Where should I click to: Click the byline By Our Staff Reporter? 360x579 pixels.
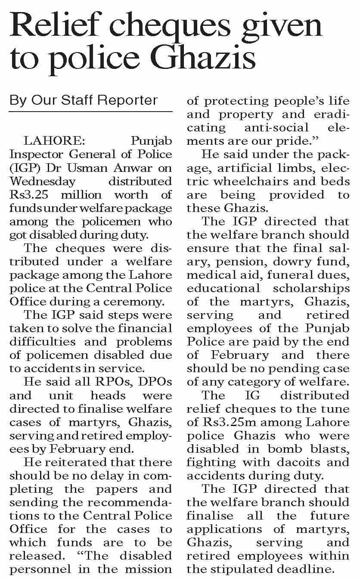84,100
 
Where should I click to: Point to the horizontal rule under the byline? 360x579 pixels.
90,112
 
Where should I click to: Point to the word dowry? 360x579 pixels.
288,261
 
